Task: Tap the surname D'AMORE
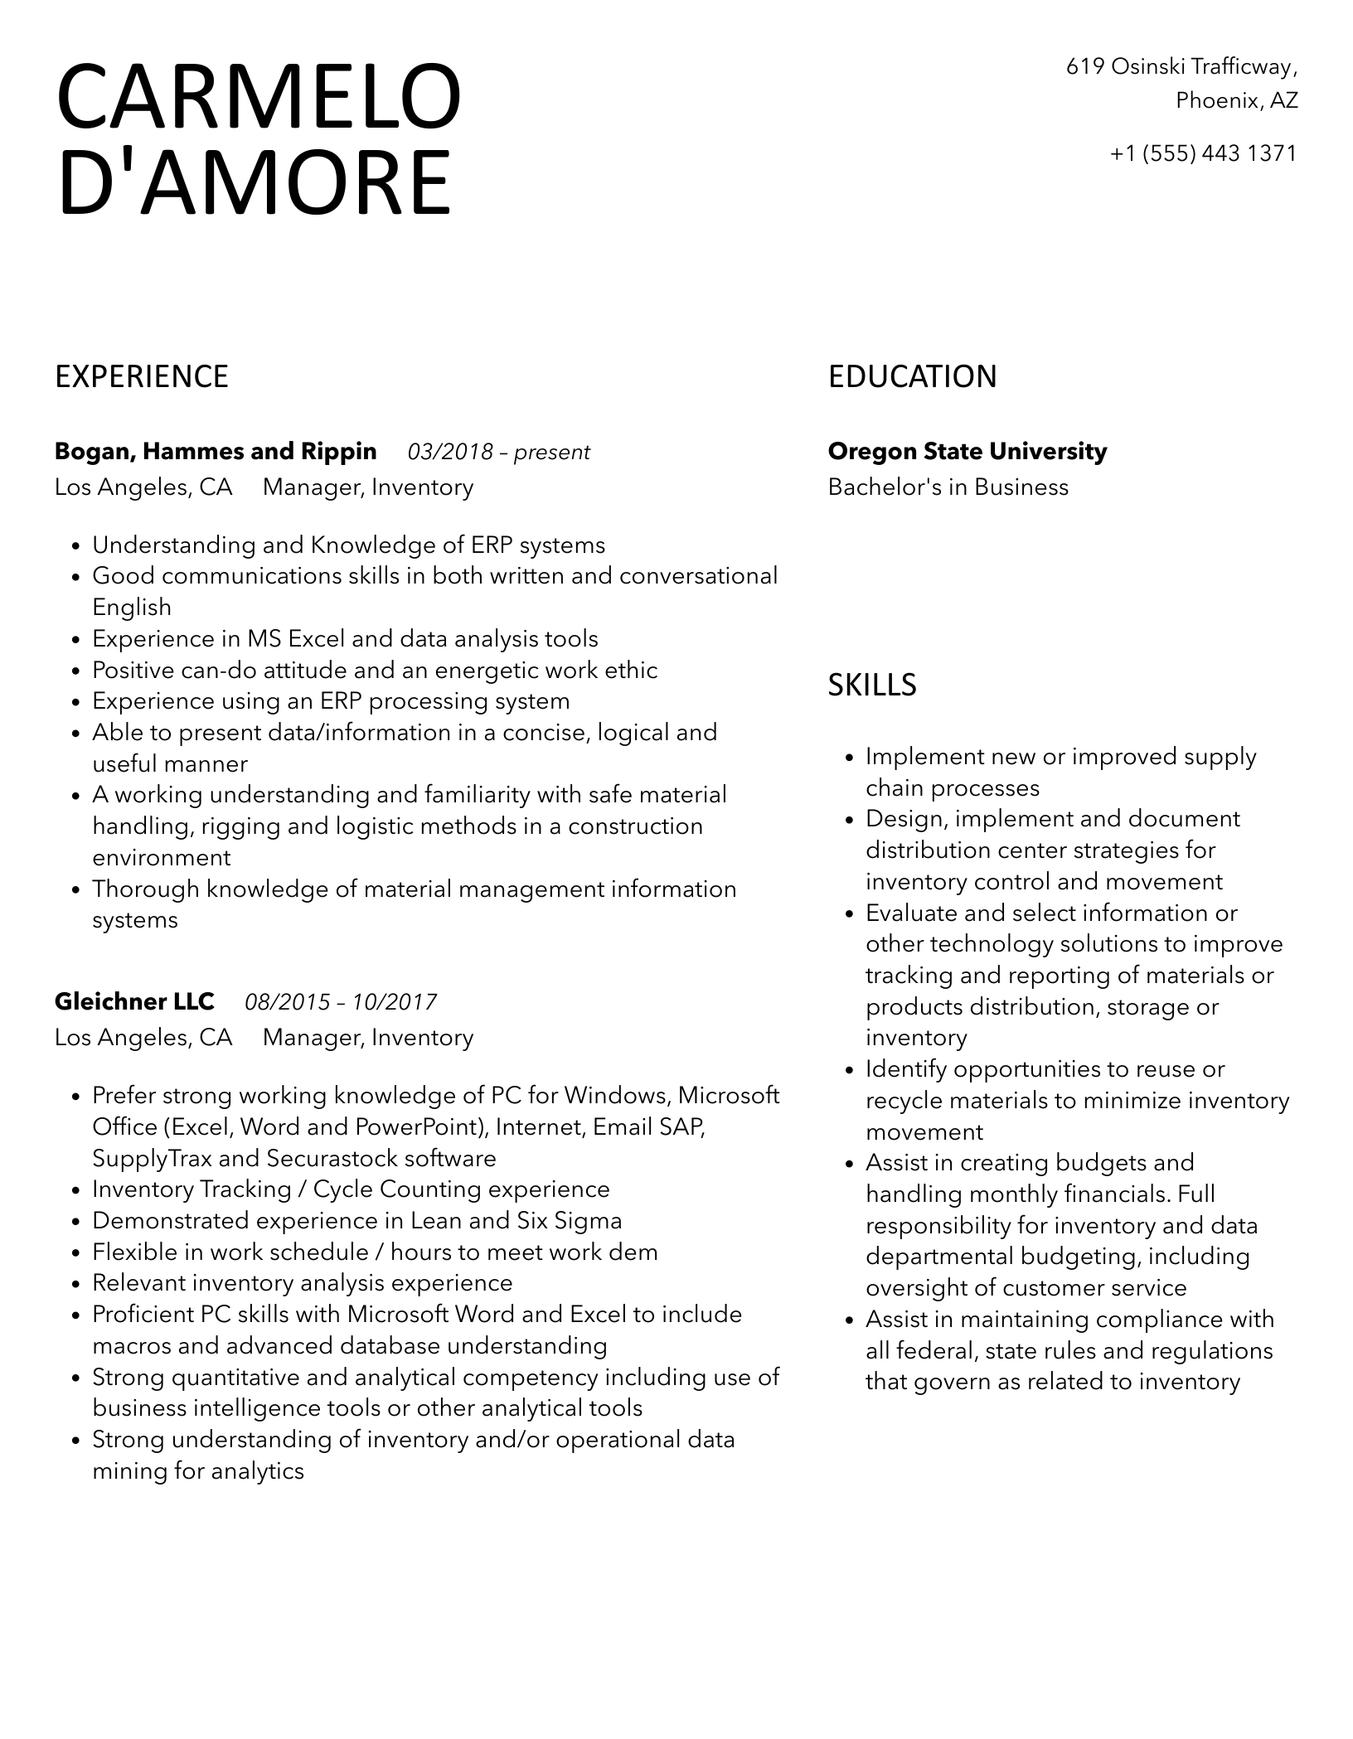pyautogui.click(x=255, y=182)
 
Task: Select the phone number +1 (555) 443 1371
pyautogui.click(x=1203, y=153)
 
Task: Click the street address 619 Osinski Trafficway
pyautogui.click(x=1181, y=66)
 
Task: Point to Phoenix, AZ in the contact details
pyautogui.click(x=1236, y=100)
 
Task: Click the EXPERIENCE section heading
pyautogui.click(x=142, y=376)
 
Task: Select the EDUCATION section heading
pyautogui.click(x=912, y=376)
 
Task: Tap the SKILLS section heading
pyautogui.click(x=872, y=685)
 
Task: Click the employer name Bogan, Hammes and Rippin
pyautogui.click(x=216, y=452)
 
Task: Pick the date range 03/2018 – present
pyautogui.click(x=498, y=453)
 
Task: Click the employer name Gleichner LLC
pyautogui.click(x=134, y=1002)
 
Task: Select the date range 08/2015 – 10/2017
pyautogui.click(x=341, y=1003)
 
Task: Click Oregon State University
pyautogui.click(x=967, y=452)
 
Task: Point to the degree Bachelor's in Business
pyautogui.click(x=948, y=487)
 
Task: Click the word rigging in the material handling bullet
pyautogui.click(x=236, y=826)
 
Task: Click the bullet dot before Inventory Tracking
pyautogui.click(x=75, y=1191)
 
